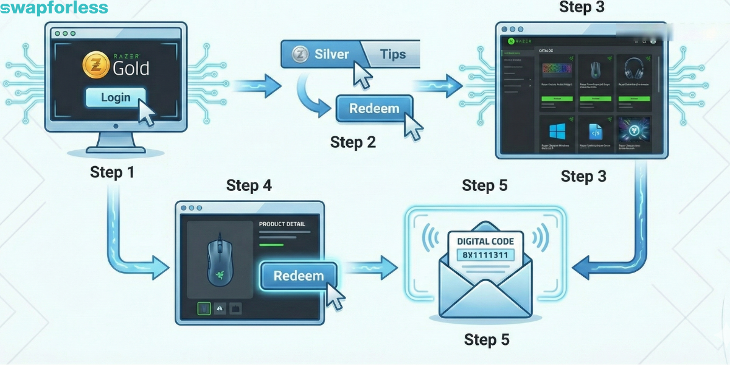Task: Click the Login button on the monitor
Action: point(116,97)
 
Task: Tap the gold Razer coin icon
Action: point(96,64)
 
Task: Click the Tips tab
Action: point(392,54)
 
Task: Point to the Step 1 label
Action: point(112,172)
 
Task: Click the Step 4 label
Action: point(249,185)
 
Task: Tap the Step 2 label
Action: point(353,142)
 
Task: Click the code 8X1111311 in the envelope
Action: point(485,255)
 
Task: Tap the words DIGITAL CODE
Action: point(485,242)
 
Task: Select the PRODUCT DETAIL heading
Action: point(282,224)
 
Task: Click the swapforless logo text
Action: point(55,8)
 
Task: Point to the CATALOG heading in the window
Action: point(550,50)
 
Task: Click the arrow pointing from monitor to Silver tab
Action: point(255,85)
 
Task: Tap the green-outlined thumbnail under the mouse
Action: point(204,309)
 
